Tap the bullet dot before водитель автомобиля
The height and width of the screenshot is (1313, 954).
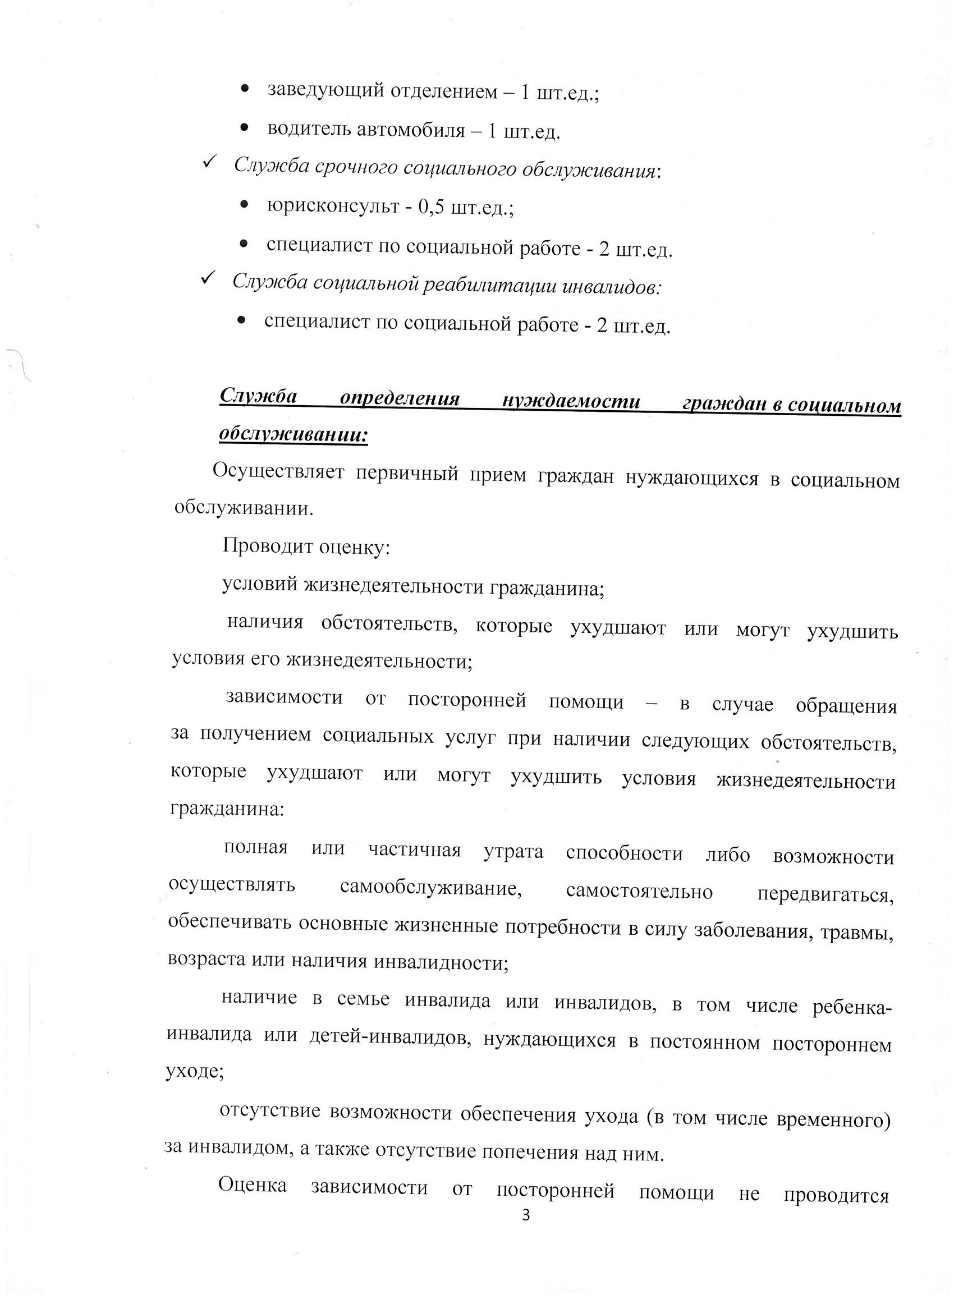(x=244, y=126)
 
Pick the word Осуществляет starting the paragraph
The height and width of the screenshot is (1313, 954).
(x=278, y=471)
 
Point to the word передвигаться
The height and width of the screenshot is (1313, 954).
(x=825, y=894)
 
